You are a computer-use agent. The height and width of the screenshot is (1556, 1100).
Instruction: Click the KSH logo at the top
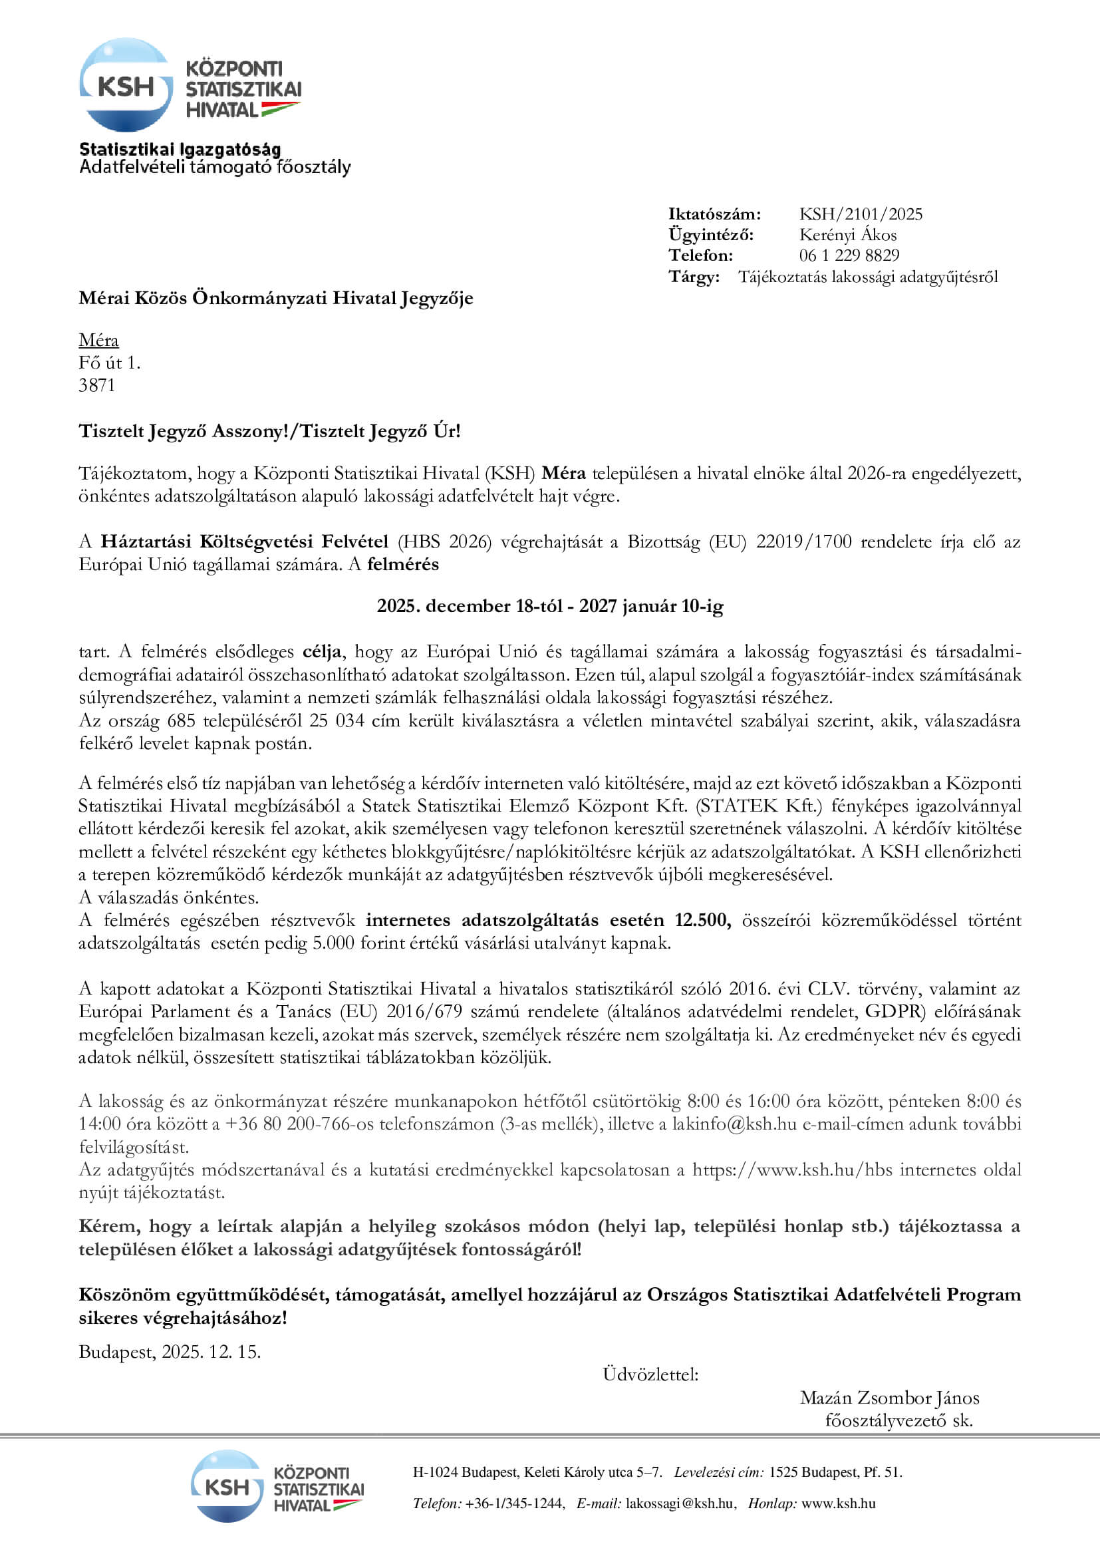[x=190, y=85]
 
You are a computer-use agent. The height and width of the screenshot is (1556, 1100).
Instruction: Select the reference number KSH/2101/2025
[x=860, y=215]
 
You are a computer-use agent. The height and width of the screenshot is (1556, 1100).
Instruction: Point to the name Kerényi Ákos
[x=847, y=235]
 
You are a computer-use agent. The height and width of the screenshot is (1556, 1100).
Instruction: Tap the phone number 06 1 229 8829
[x=849, y=255]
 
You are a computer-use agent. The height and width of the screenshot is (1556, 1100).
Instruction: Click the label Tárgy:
[x=694, y=277]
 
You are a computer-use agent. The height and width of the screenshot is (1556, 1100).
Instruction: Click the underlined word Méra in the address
[x=98, y=340]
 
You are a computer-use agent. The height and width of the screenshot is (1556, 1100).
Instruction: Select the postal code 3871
[x=97, y=386]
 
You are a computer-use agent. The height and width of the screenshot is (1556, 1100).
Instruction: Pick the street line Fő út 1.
[x=109, y=363]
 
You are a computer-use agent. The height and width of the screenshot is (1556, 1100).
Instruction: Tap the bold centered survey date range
[x=549, y=606]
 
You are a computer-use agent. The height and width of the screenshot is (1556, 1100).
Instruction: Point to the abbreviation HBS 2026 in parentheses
[x=444, y=542]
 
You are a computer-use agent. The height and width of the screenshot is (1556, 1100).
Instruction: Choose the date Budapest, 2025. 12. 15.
[x=170, y=1352]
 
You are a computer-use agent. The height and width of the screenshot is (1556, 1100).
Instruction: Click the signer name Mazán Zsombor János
[x=889, y=1398]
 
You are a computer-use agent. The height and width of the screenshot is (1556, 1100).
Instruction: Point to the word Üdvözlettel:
[x=650, y=1374]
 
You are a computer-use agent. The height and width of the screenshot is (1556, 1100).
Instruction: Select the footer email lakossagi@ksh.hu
[x=680, y=1504]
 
